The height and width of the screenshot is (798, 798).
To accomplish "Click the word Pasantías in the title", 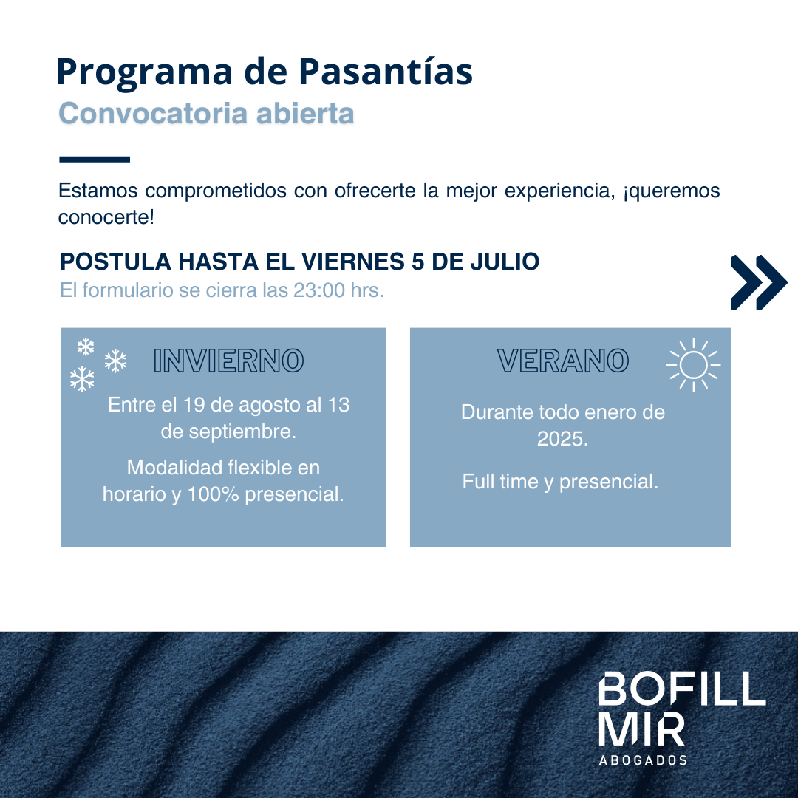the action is [x=386, y=72].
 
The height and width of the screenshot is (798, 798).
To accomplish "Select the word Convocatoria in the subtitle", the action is [x=154, y=113].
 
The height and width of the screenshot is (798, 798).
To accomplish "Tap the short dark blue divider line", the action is [x=95, y=160].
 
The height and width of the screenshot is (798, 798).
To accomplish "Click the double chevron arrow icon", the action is [x=759, y=282].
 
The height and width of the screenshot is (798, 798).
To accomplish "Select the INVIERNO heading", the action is [x=228, y=361].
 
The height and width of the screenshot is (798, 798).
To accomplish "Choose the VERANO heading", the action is [x=563, y=361].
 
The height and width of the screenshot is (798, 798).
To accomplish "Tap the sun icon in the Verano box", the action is [x=693, y=365].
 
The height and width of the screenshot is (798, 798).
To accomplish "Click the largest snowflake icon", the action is [x=82, y=378].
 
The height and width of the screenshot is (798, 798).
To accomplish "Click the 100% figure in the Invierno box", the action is [x=214, y=494].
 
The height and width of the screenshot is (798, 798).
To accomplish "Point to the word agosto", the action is [x=269, y=405].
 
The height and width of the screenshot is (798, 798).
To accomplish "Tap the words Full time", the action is [x=499, y=482].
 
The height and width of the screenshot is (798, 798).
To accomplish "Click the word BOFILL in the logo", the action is [x=681, y=689].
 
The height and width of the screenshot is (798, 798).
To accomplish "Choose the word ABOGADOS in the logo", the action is [x=643, y=760].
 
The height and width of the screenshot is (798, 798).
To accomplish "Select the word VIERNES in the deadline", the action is [x=353, y=262].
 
